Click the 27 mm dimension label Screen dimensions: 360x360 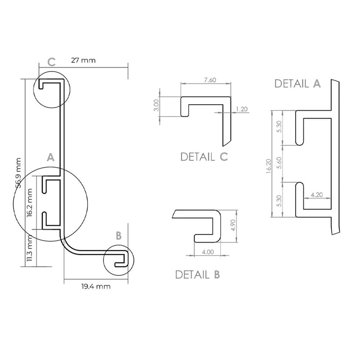click(83, 60)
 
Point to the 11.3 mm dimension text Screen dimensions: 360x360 click(30, 248)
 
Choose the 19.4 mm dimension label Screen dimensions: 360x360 click(95, 287)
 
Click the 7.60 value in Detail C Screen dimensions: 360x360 click(210, 80)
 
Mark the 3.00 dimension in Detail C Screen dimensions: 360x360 click(156, 105)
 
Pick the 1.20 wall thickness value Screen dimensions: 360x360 click(242, 109)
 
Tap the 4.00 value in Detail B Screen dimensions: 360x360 click(208, 252)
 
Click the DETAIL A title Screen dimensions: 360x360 click(297, 84)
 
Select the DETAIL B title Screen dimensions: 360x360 click(197, 275)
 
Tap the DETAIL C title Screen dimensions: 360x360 click(204, 157)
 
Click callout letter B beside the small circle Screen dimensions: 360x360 click(119, 236)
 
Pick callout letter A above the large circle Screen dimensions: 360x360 click(51, 157)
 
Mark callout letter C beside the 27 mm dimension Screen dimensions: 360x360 click(51, 62)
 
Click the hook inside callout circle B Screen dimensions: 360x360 click(121, 260)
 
